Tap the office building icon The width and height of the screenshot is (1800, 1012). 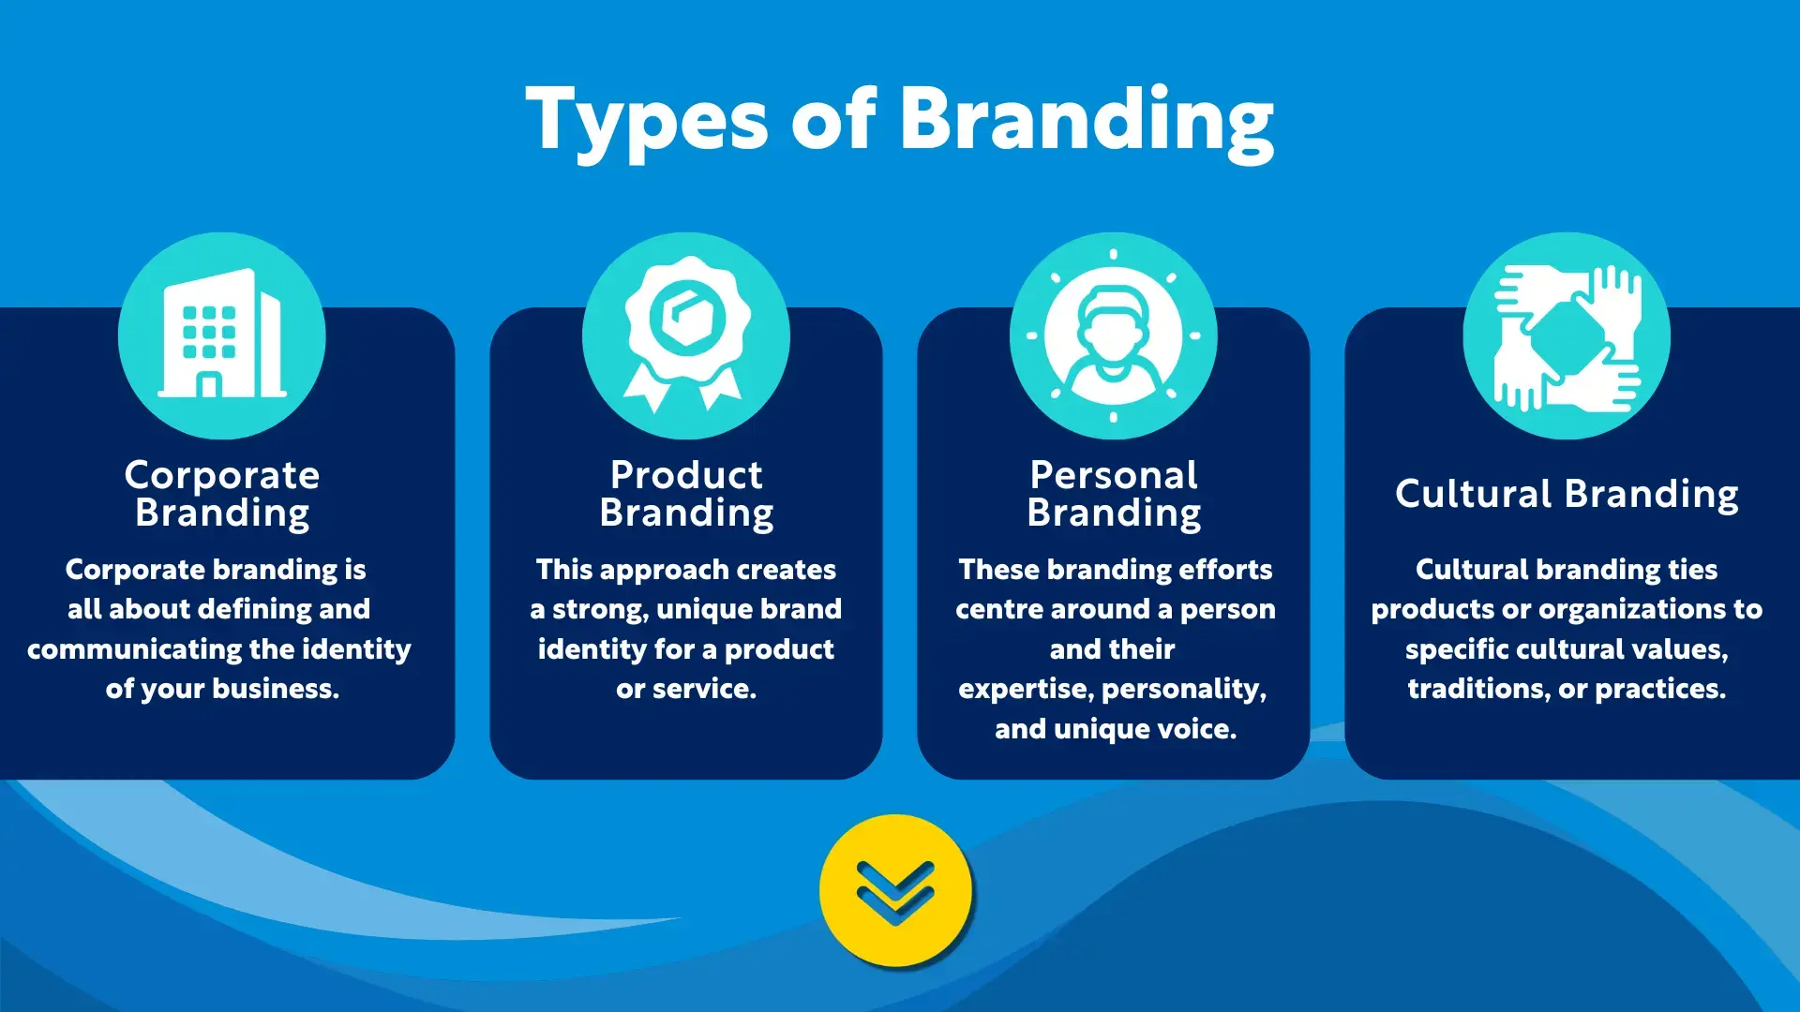pos(222,334)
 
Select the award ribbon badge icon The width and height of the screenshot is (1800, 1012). pos(686,334)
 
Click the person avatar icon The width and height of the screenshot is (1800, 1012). pos(1113,335)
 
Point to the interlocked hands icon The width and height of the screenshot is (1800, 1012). pos(1567,337)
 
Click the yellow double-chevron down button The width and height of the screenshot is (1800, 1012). pos(895,890)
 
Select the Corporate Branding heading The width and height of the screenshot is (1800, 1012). pos(222,494)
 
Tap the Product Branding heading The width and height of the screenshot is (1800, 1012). pos(686,494)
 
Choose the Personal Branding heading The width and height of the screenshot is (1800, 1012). pos(1114,494)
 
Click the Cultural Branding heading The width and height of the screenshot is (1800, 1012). pos(1567,494)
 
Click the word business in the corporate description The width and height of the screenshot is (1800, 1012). pos(276,689)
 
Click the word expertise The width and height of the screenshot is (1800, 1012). pos(1027,690)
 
